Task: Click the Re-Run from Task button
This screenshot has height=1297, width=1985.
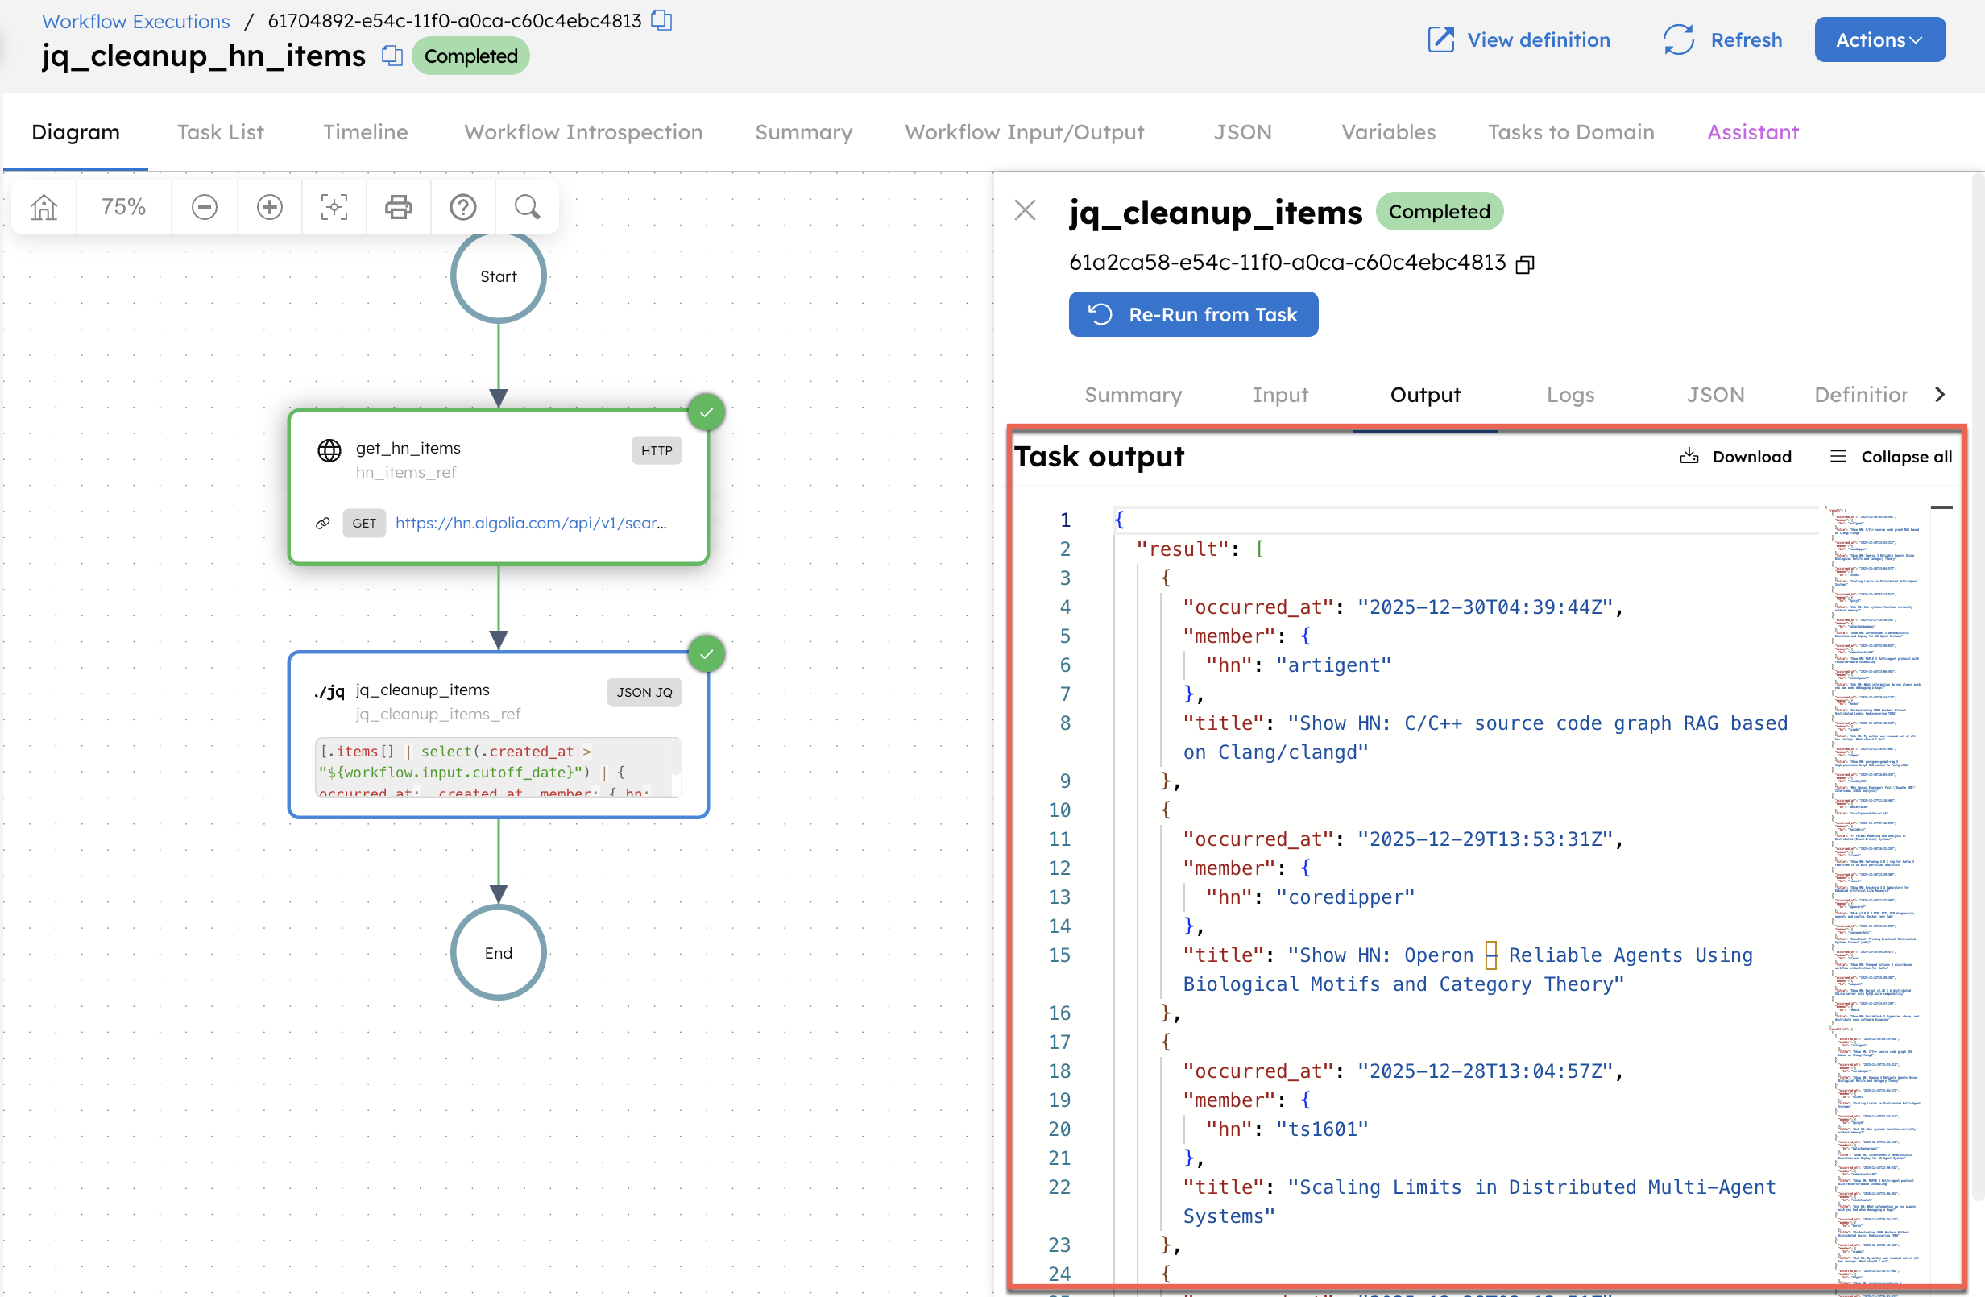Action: point(1192,314)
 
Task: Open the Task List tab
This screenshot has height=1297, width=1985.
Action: point(220,132)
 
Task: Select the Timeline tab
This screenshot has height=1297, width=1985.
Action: point(365,132)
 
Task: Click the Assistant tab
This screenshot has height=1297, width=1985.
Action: point(1752,132)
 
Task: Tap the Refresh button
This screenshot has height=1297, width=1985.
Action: point(1722,39)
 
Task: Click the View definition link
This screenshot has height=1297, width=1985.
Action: point(1519,39)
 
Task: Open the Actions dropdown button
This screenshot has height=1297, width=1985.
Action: point(1879,39)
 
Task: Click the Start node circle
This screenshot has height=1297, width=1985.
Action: point(498,276)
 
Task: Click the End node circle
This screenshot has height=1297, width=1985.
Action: point(498,952)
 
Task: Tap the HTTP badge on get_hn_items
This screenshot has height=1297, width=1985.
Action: point(657,450)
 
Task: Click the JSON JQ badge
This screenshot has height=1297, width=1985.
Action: point(644,692)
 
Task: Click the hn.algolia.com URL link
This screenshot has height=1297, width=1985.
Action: point(530,523)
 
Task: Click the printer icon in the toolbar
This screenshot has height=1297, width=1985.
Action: point(398,207)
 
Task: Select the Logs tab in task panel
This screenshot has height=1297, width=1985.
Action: point(1569,395)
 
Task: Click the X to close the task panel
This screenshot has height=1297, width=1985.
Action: point(1025,210)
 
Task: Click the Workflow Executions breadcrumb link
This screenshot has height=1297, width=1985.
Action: point(136,21)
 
